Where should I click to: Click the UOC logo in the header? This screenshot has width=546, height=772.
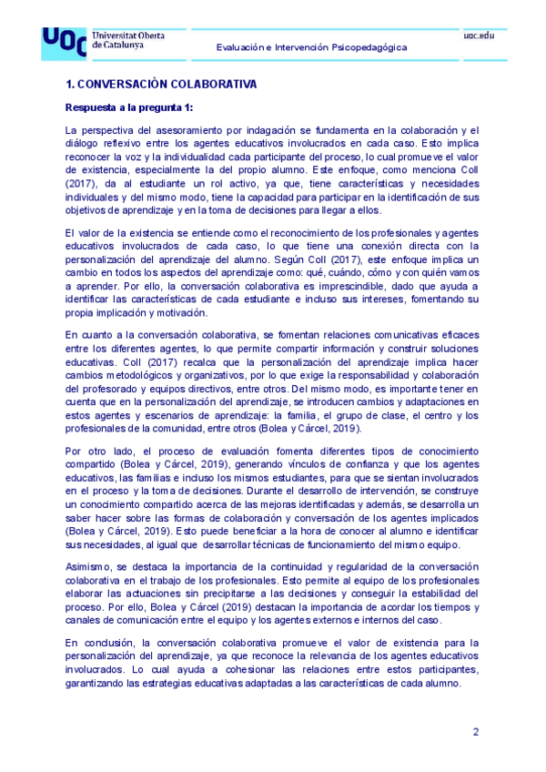(64, 42)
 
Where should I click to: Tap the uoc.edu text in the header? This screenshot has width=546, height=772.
(479, 34)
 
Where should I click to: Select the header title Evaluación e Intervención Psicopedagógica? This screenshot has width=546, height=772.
(311, 47)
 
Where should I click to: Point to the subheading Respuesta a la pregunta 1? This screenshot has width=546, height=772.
(124, 107)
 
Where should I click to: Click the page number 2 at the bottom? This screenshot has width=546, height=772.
(476, 733)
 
